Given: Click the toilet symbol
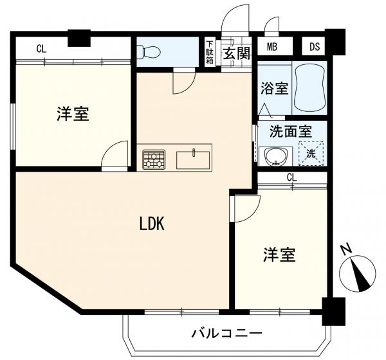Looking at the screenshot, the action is point(149,52).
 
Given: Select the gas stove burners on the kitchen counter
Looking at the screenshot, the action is point(154,159).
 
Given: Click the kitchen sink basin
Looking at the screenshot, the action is point(193,160).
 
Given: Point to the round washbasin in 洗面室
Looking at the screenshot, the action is point(275,156).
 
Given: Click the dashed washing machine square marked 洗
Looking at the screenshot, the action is point(311,154).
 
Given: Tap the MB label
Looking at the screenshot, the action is point(272,46).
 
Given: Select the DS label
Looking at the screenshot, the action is point(315,46).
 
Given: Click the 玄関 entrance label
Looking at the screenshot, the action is point(237,53).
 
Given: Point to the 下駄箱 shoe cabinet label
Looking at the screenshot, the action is point(210,53).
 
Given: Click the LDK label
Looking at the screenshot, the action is point(152,224).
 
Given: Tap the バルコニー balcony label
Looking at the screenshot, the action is point(227,334).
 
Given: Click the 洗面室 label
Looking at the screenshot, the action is point(291,131).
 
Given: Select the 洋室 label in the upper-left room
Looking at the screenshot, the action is point(73,114).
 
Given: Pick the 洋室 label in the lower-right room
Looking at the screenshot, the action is point(279,255).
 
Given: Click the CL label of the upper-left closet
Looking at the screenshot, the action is point(41,49).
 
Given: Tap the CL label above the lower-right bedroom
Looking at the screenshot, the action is point(291,177).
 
